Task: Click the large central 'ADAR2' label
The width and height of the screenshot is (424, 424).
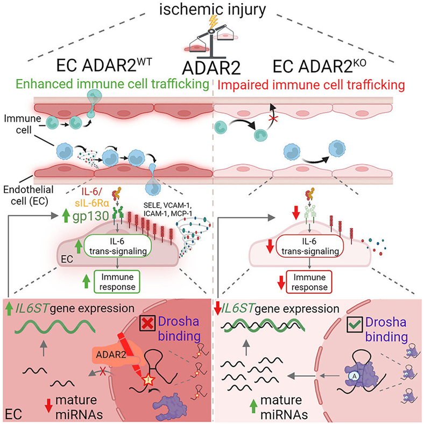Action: (x=212, y=69)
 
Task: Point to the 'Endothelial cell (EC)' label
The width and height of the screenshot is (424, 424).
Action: (x=20, y=193)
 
